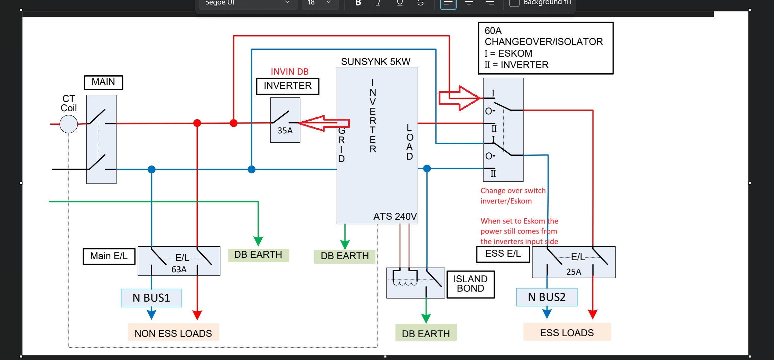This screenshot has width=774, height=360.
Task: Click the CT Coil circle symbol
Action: pos(68,124)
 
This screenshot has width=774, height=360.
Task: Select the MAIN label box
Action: pos(103,82)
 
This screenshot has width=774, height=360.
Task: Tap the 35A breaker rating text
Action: pos(285,131)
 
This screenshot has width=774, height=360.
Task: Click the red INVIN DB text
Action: pos(289,72)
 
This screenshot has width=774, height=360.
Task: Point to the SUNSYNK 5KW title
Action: pos(375,61)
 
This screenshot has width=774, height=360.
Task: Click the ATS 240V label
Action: pos(395,216)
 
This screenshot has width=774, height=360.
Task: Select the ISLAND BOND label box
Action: pos(470,284)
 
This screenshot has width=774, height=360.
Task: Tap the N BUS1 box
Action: pos(151,298)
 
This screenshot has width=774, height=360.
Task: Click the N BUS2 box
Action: pos(547,297)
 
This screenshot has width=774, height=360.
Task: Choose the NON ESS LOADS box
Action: pos(173,333)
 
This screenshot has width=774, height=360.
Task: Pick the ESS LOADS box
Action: pos(567,332)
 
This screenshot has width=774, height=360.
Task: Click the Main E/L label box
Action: pos(109,256)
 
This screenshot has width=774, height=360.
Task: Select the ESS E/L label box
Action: pos(503,254)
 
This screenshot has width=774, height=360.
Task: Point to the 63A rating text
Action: pos(179,269)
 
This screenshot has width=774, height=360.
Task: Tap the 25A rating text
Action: pos(573,272)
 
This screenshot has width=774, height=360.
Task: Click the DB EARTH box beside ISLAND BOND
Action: pos(426,333)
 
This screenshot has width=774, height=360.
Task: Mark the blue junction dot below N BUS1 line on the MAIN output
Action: pos(151,169)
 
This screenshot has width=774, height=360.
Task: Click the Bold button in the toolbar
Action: pos(358,3)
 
